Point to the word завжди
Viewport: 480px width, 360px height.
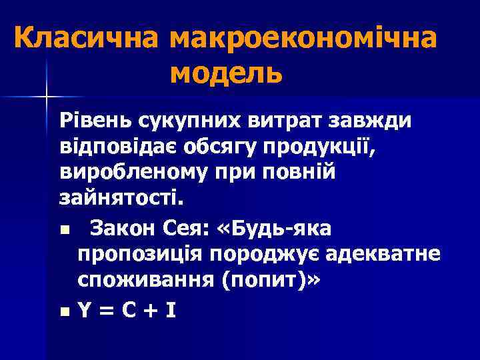[370, 121]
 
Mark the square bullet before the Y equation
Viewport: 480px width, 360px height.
[63, 311]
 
